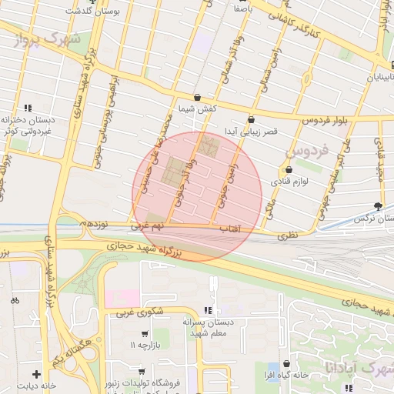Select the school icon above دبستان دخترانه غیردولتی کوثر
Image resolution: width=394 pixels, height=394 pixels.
coord(28,108)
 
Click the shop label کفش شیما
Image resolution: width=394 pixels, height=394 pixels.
coord(199,109)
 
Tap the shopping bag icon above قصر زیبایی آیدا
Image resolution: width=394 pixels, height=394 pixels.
coord(252,119)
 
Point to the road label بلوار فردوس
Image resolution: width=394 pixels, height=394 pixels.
coord(319,122)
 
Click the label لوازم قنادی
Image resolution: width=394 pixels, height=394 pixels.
coord(289,182)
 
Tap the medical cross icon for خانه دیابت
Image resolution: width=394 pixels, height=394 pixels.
coord(36,373)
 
